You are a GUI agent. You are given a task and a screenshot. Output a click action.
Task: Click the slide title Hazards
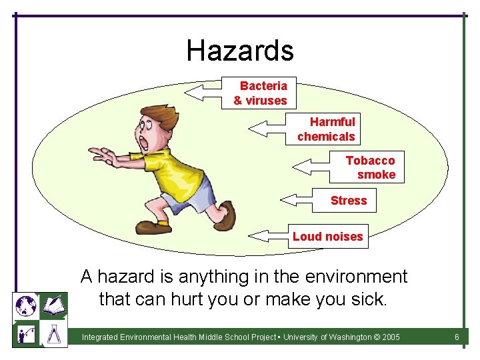(x=240, y=51)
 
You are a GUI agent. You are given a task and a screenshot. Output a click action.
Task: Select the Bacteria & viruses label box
(x=261, y=93)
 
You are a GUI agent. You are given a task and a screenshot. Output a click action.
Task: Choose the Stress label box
(x=347, y=200)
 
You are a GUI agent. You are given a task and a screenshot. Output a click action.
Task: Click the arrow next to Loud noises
(x=267, y=235)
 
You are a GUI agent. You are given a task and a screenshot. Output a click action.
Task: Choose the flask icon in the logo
(x=54, y=334)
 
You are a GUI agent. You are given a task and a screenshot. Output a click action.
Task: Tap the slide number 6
(x=457, y=337)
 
